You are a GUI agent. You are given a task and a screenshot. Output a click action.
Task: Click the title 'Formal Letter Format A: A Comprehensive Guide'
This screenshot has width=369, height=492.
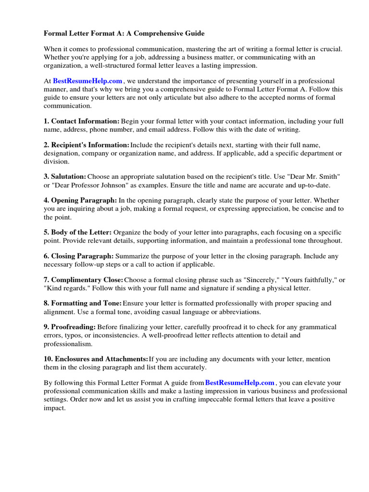124,34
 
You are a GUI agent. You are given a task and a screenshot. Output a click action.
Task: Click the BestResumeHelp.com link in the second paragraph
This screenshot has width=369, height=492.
87,81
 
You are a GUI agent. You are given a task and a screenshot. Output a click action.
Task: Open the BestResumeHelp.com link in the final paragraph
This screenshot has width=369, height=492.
240,383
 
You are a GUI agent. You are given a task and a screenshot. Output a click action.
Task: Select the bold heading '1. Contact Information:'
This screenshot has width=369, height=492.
82,122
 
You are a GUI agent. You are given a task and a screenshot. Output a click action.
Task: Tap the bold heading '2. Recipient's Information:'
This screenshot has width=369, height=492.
86,145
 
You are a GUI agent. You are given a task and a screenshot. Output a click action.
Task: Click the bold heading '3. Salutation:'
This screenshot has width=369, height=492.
65,177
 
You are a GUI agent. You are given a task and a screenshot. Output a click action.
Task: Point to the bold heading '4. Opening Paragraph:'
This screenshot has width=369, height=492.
80,200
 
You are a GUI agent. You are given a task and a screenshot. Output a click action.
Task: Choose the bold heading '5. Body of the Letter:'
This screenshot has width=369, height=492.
78,232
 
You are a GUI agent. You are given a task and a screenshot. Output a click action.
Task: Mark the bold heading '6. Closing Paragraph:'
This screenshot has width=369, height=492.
79,257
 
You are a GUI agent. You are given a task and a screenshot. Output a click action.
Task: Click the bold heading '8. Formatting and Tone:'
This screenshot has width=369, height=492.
83,304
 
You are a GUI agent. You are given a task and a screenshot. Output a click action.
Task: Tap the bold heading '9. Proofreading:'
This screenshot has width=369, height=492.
70,327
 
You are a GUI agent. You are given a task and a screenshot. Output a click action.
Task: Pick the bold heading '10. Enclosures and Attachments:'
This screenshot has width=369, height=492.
96,359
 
